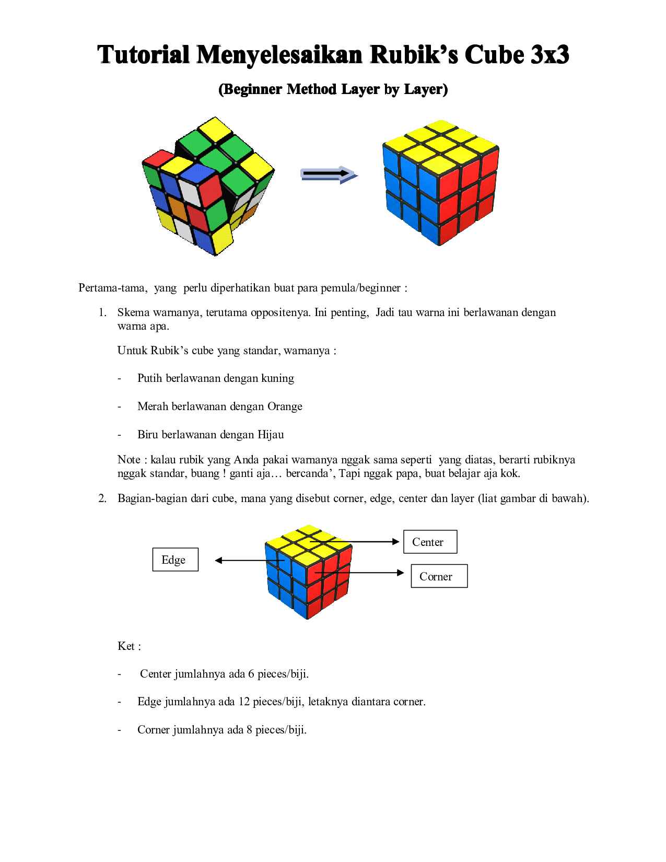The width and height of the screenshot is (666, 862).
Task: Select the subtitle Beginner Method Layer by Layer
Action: pos(333,90)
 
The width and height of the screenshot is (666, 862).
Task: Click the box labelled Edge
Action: pos(175,560)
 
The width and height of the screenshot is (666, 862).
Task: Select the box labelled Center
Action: pos(430,542)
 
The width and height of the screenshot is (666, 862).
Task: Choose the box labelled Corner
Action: pos(439,576)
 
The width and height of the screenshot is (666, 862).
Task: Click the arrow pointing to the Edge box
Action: pos(246,561)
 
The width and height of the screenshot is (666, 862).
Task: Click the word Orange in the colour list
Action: pos(285,406)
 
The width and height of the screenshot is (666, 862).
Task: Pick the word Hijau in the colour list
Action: pos(270,435)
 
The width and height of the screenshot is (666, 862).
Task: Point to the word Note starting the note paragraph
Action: pos(128,460)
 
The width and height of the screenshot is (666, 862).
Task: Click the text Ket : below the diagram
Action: pos(129,646)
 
